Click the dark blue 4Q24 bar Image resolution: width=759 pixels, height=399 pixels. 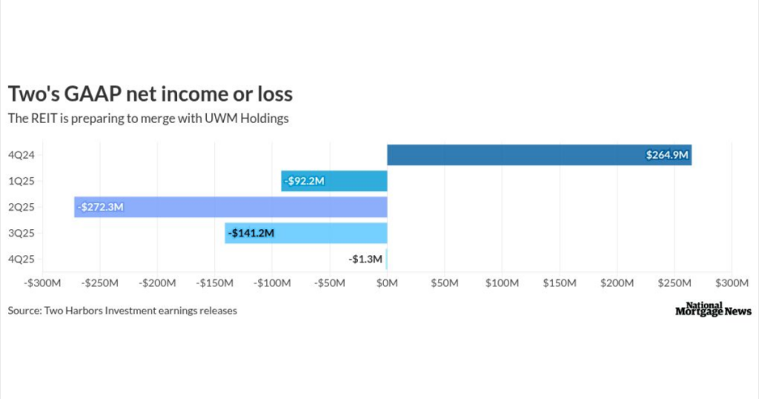539,155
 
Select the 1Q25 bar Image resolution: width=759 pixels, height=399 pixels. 334,181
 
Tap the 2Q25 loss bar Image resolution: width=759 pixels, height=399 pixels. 231,207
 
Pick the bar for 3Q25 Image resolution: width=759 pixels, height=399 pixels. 306,233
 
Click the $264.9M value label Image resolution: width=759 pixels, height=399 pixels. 666,156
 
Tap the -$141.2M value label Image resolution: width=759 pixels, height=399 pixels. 251,233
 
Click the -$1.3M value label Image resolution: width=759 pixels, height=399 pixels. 365,259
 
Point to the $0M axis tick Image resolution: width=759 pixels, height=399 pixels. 387,283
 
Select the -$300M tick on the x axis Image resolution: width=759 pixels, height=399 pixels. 42,283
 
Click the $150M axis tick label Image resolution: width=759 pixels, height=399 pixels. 560,283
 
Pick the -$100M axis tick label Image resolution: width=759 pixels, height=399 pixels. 272,283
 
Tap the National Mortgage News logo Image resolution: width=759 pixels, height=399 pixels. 713,309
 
